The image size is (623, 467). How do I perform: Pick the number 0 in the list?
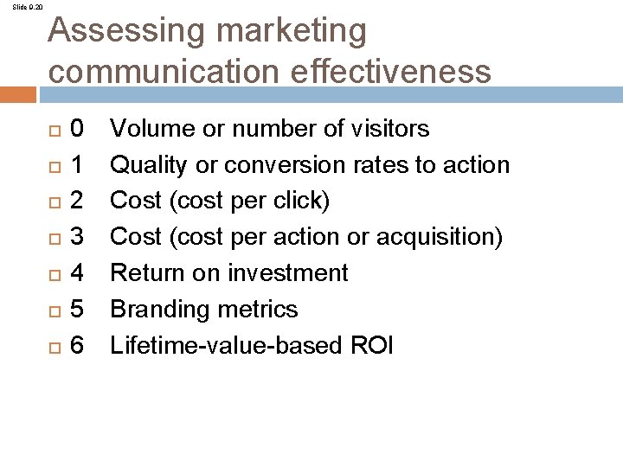pos(77,130)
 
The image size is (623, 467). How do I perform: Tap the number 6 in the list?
pos(77,346)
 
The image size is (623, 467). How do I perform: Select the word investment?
pos(288,274)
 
